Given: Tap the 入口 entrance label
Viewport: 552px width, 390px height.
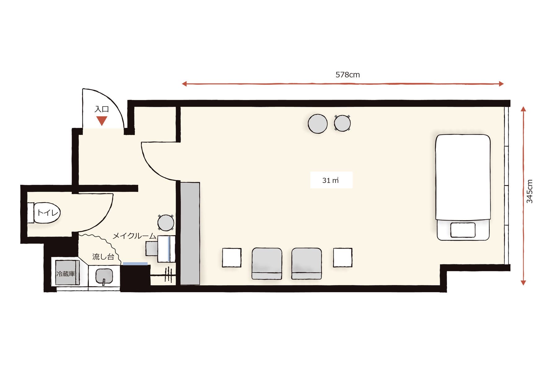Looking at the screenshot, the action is tap(102, 109).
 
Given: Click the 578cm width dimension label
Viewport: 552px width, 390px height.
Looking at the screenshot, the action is tap(348, 75).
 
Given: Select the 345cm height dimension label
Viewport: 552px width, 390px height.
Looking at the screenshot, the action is tap(530, 191).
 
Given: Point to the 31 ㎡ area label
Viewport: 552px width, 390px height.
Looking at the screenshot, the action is tap(330, 180).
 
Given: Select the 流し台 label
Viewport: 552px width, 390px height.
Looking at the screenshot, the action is tap(103, 256).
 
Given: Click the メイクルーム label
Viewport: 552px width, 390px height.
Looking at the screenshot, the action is tap(134, 236).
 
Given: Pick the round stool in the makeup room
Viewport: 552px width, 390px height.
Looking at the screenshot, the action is tap(166, 223).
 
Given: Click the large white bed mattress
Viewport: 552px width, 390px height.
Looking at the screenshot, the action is tap(463, 177).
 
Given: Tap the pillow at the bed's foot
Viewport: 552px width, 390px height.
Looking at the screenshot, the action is tap(463, 230).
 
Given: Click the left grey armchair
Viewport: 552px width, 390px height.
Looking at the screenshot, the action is tap(267, 263).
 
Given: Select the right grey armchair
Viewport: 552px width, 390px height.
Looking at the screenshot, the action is tap(306, 263).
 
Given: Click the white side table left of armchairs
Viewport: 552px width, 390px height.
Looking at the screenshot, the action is tap(232, 258).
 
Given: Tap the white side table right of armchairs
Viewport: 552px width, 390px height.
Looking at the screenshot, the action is tap(343, 258).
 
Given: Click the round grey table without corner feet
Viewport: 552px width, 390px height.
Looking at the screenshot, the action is tap(318, 123).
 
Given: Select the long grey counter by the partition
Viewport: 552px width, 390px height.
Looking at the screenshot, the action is tap(190, 233).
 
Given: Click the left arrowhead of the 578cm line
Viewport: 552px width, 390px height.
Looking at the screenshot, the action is tap(184, 84).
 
